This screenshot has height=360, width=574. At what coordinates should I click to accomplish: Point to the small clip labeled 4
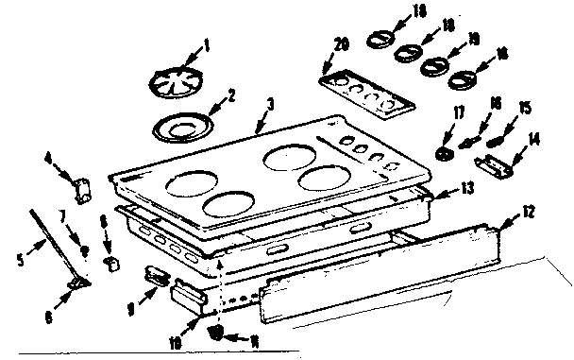point(83,185)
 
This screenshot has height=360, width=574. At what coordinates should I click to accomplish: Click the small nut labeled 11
point(217,332)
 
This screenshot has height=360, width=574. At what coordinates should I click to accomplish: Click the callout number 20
point(341,43)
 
